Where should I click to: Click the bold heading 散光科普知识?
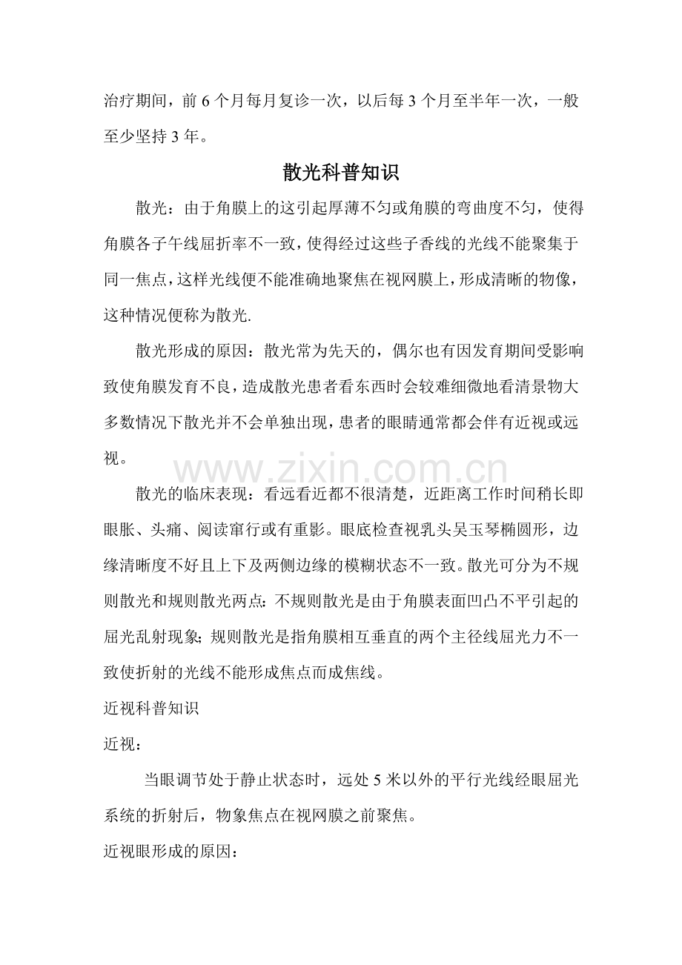click(341, 173)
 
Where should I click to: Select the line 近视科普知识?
click(150, 707)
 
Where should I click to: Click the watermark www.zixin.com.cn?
click(341, 471)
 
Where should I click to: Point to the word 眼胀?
click(118, 531)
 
